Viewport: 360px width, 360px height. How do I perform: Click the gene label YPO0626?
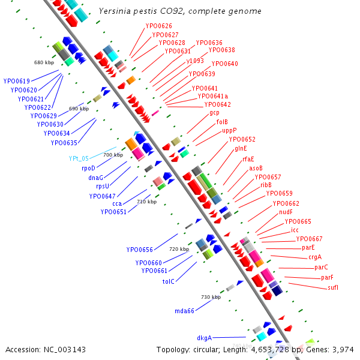[158, 26]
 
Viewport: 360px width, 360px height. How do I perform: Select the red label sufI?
[333, 288]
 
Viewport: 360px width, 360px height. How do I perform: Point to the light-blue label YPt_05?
[79, 159]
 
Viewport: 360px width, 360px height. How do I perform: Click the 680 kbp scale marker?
[44, 62]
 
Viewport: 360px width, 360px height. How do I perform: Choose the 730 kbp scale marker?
[211, 298]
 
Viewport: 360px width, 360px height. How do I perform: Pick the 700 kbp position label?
[113, 155]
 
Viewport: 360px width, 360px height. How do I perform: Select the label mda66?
[184, 311]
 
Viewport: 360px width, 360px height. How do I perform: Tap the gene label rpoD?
[88, 169]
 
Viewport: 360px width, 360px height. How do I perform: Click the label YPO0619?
[16, 81]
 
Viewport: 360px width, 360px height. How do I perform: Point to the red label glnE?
[241, 148]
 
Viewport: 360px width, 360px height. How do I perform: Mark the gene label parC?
[321, 267]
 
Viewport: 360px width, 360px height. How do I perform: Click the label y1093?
[195, 61]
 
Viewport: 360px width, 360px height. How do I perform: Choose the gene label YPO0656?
[139, 250]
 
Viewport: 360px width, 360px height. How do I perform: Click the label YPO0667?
[309, 239]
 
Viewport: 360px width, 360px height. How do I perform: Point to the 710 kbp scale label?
[146, 202]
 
